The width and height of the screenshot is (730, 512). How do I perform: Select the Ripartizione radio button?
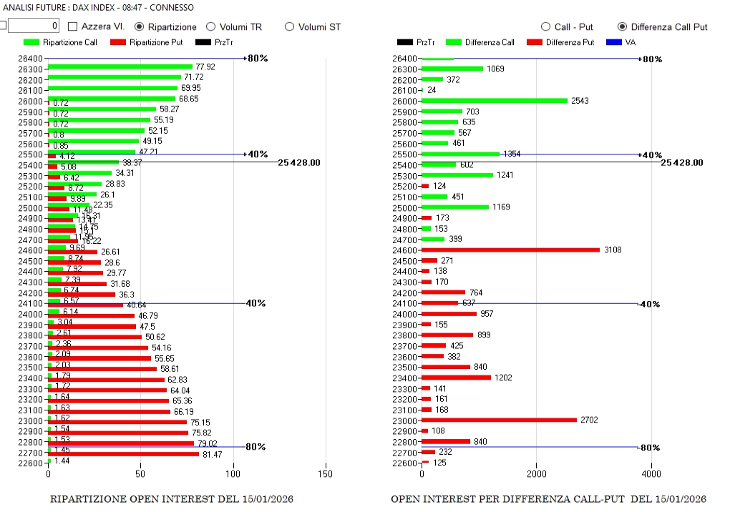coord(140,26)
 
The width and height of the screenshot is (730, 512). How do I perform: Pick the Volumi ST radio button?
coord(290,26)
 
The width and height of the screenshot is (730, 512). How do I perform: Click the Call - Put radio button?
coord(546,26)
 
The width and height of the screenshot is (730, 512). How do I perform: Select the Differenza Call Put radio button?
coord(622,26)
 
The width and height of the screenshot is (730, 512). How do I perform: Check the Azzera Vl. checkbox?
coord(73,26)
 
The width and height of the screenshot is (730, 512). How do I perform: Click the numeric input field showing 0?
coord(34,26)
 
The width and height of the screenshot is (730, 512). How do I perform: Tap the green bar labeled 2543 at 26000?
coord(495,101)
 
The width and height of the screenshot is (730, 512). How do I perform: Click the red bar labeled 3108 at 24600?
coord(510,250)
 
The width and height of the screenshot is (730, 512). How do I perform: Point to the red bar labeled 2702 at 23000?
coord(499,420)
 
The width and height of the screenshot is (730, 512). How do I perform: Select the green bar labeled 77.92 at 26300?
coord(120,67)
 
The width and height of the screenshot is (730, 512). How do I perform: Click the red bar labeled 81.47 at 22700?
coord(123,453)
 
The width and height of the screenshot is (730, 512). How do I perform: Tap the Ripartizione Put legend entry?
coord(147,42)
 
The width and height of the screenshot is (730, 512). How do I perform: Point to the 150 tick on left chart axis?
coord(326,473)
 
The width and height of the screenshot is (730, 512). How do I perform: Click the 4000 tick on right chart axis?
coord(651,473)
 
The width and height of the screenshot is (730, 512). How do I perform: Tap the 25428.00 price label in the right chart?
coord(681,162)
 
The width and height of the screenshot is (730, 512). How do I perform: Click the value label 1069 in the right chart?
coord(496,69)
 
